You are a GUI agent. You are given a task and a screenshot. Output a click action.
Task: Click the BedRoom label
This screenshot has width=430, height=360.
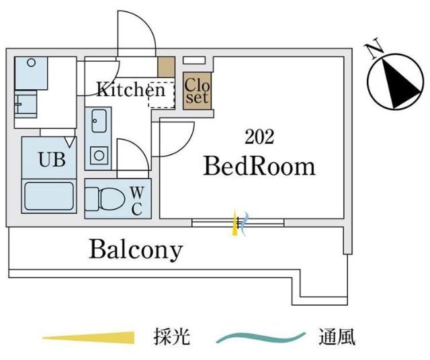tap(259, 166)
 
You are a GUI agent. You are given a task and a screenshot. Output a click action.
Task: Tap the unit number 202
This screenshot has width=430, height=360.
tap(259, 137)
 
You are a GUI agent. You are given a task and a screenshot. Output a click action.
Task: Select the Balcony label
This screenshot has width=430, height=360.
tap(136, 250)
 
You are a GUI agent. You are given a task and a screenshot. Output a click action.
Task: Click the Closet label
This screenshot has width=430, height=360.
tap(197, 90)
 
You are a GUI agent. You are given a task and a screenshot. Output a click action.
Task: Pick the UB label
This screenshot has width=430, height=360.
tap(50, 161)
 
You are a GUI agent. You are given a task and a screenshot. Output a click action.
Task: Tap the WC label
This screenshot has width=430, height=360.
tap(136, 199)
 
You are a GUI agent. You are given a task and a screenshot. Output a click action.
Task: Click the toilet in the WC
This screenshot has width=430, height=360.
tap(106, 199)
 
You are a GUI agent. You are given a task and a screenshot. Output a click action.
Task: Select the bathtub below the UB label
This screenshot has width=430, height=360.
tap(48, 197)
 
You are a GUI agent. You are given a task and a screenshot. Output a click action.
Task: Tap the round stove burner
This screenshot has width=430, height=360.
tap(99, 156)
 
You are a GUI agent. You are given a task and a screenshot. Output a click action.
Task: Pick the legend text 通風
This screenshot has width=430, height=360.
tap(338, 336)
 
